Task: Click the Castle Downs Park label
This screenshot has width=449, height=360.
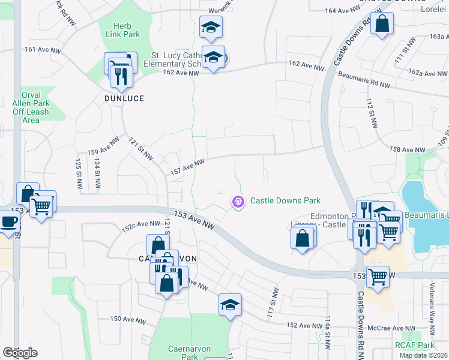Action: pyautogui.click(x=285, y=201)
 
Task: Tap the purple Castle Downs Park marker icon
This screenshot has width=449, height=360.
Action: pyautogui.click(x=239, y=202)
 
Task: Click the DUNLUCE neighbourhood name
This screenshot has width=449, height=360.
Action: pyautogui.click(x=124, y=98)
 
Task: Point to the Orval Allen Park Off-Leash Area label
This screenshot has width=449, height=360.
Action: pyautogui.click(x=35, y=107)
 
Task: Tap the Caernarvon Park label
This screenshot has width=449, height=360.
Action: pyautogui.click(x=182, y=352)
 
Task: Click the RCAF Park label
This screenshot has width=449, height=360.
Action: pyautogui.click(x=414, y=345)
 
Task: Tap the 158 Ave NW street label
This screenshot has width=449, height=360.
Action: pyautogui.click(x=407, y=149)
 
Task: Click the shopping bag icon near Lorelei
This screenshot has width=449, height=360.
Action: pyautogui.click(x=382, y=25)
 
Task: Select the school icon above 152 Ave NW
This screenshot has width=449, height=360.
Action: pyautogui.click(x=230, y=305)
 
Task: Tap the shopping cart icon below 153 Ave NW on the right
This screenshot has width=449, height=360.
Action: pyautogui.click(x=378, y=277)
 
